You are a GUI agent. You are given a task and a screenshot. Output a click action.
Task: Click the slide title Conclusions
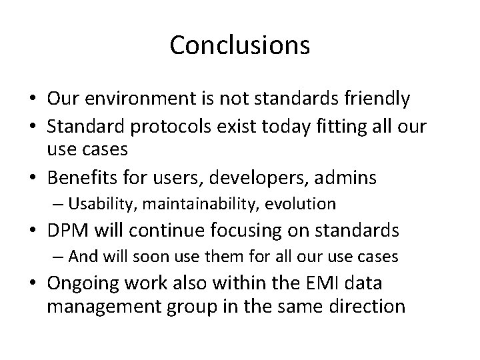click(x=239, y=45)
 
